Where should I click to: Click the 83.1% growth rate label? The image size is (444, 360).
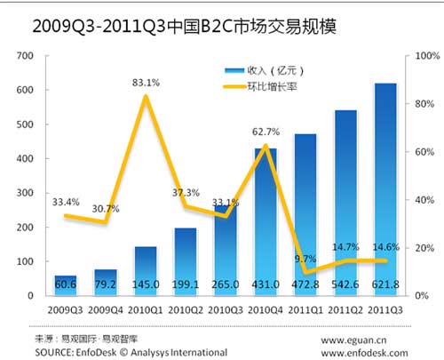point(145,84)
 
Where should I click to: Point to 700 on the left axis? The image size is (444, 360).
point(27,56)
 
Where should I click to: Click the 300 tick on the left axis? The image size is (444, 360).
point(27,193)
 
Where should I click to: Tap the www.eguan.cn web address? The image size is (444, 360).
point(364,339)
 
